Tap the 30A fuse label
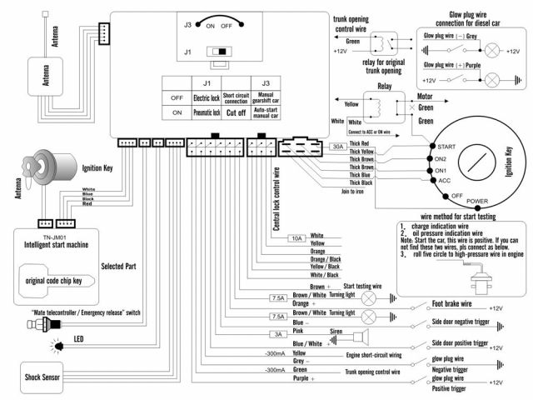(338, 147)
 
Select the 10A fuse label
(296, 238)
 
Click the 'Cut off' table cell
(235, 111)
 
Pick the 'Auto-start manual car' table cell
(266, 111)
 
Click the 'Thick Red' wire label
(360, 143)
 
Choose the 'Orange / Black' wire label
(324, 258)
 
